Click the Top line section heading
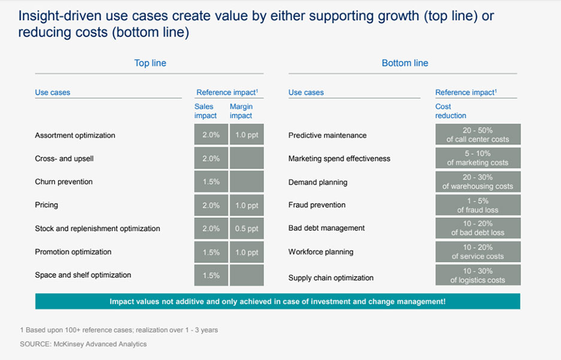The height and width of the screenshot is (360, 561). (150, 63)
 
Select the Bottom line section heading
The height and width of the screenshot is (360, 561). (405, 63)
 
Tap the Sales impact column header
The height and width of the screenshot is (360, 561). (205, 111)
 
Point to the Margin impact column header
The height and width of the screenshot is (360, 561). (241, 111)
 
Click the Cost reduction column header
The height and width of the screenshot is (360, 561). (451, 111)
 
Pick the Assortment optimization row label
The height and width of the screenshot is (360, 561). (75, 135)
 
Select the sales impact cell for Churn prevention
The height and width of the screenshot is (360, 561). (211, 181)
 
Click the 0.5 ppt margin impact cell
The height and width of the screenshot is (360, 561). (247, 228)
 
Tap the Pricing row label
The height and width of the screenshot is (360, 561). (47, 205)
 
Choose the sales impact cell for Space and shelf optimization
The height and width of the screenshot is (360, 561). (211, 275)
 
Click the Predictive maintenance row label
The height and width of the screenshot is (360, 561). (327, 135)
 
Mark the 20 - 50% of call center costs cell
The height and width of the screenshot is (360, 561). (478, 134)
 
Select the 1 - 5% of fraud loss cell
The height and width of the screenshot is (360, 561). (478, 205)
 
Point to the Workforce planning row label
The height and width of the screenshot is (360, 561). (321, 252)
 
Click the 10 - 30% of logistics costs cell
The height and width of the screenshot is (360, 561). (478, 275)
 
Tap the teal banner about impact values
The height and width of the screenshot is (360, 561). (278, 301)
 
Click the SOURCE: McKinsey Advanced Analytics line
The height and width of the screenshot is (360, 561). (83, 344)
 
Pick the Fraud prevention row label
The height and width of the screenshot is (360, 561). (317, 205)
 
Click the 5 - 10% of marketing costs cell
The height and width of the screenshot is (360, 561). (478, 158)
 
